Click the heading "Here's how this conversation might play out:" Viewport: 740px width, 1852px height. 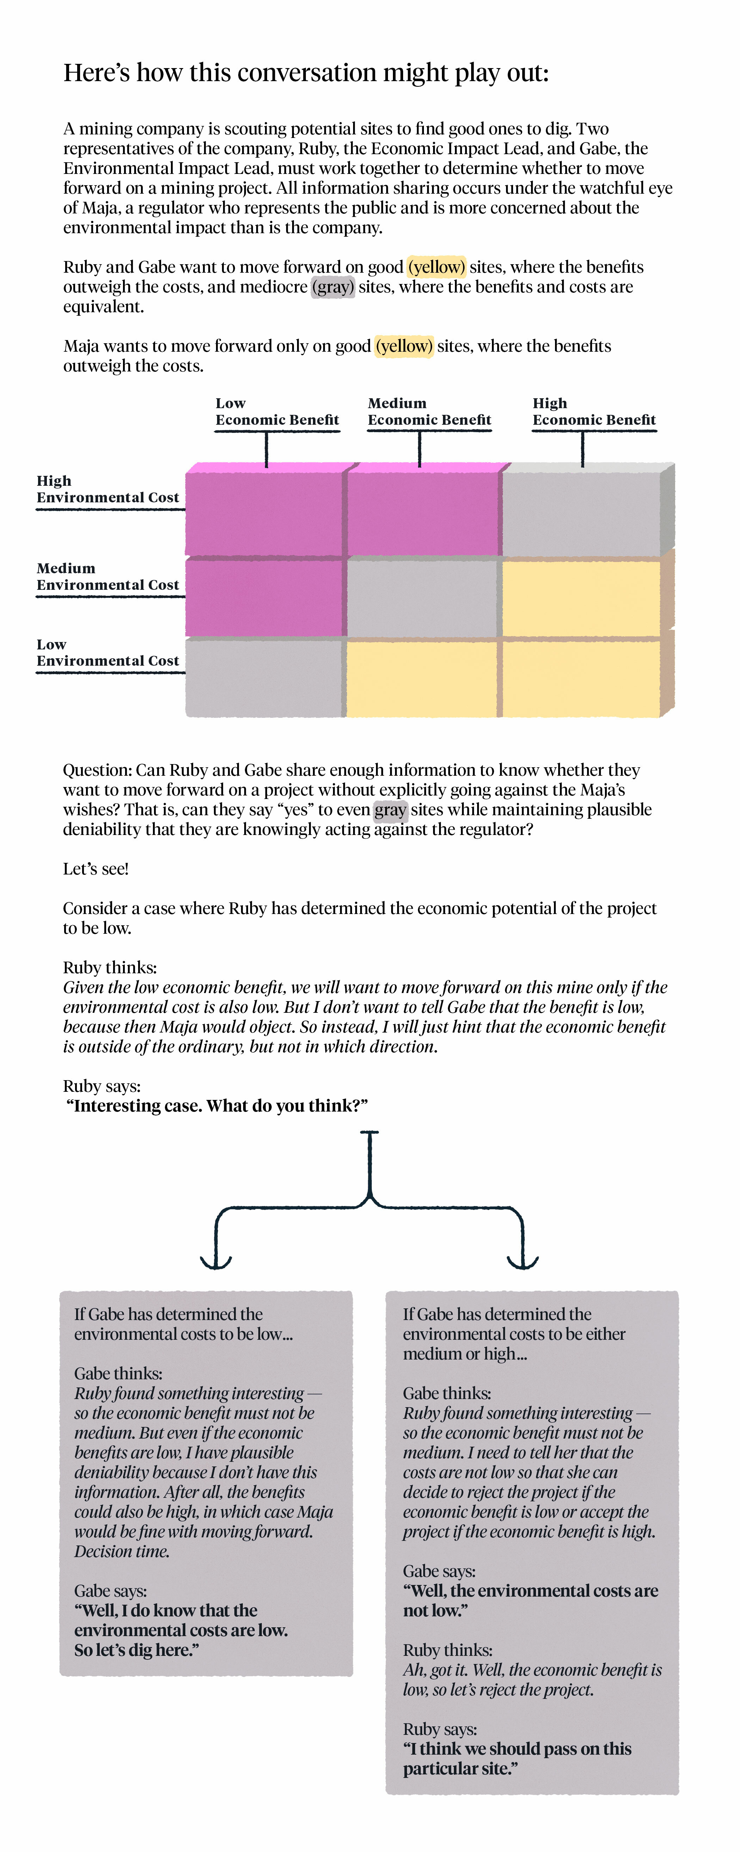(306, 73)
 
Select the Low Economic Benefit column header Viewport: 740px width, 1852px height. (277, 412)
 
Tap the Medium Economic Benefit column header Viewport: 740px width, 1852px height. (429, 412)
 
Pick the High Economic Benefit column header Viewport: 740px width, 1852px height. (593, 412)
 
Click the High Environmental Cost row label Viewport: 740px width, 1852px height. (108, 490)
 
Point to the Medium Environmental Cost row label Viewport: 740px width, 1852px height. (108, 577)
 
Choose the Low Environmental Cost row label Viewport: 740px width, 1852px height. (108, 653)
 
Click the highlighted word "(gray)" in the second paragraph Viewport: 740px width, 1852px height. (333, 287)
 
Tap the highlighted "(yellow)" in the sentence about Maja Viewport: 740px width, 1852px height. (404, 346)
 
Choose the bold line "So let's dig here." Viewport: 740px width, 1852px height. (136, 1650)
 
